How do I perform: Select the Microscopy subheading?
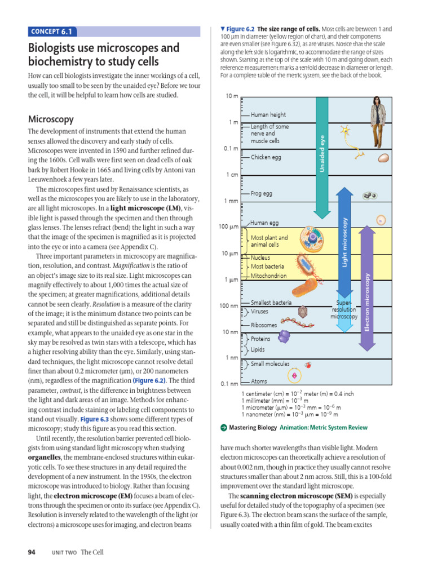pos(51,119)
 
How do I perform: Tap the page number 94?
pos(32,552)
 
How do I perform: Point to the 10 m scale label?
pos(231,96)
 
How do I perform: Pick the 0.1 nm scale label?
pos(229,384)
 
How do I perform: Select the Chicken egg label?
pos(266,158)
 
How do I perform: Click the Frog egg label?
pos(261,193)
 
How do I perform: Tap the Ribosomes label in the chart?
pos(264,325)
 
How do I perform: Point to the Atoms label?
pos(259,381)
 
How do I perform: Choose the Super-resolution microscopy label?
pos(344,309)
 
